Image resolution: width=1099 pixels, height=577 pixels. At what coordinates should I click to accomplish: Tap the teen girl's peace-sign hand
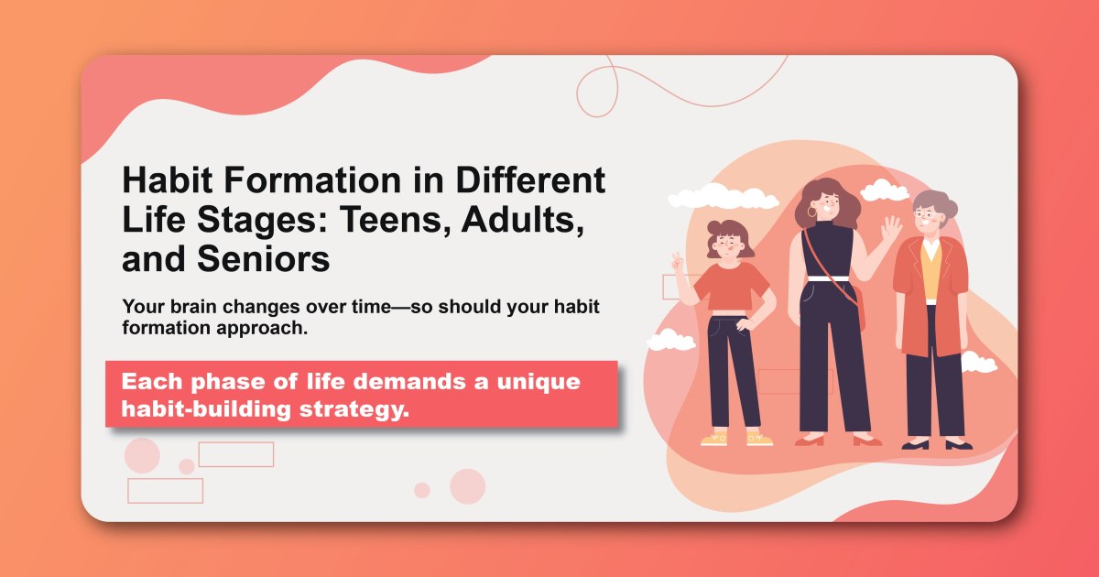(679, 262)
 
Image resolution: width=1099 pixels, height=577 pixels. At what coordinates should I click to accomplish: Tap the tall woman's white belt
(828, 278)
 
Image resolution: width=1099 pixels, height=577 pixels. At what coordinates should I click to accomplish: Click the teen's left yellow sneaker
(713, 439)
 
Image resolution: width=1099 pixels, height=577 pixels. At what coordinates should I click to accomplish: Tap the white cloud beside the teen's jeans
(671, 341)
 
